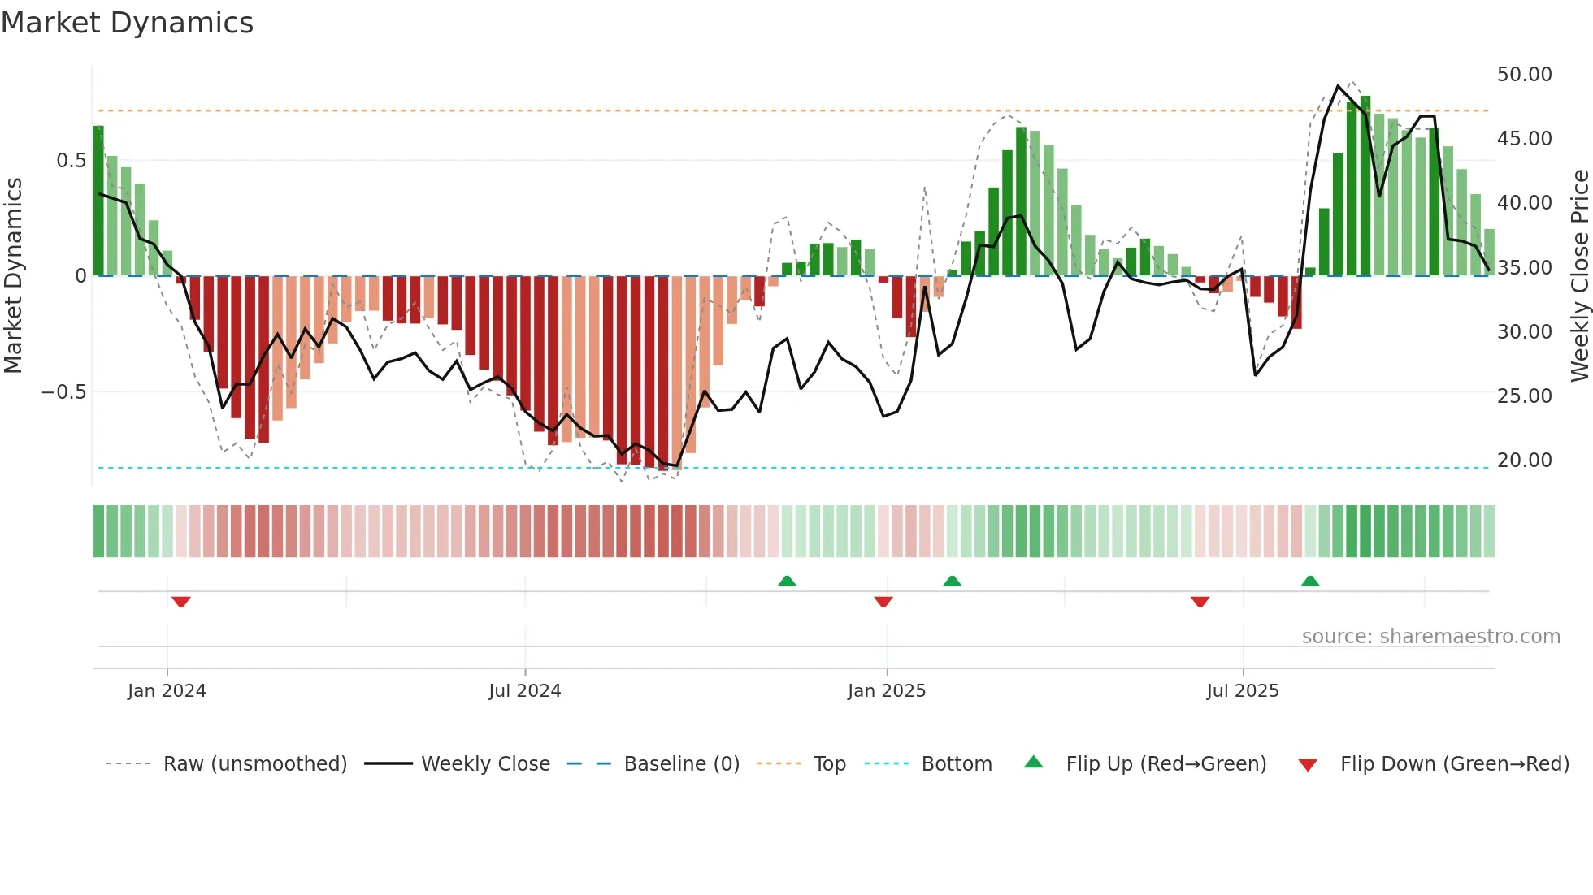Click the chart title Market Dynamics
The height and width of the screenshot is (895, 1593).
(128, 23)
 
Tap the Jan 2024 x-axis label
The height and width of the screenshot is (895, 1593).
(167, 691)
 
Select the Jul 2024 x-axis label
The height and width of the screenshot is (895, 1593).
(524, 691)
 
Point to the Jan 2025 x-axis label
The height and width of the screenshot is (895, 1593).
(886, 691)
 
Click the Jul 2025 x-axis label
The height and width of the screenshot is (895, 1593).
(1243, 691)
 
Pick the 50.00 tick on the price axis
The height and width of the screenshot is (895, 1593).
(1524, 75)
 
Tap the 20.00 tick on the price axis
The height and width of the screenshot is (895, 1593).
(1524, 460)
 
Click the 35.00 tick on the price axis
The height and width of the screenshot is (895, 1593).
(1524, 267)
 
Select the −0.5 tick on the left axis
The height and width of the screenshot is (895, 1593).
(64, 392)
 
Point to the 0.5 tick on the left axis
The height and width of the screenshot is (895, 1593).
(71, 161)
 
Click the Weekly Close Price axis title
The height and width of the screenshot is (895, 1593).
(1579, 276)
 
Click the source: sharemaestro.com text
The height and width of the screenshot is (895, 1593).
(1430, 637)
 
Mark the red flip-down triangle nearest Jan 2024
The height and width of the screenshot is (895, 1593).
(181, 602)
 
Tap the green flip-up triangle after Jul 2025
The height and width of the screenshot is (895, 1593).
(1310, 581)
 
